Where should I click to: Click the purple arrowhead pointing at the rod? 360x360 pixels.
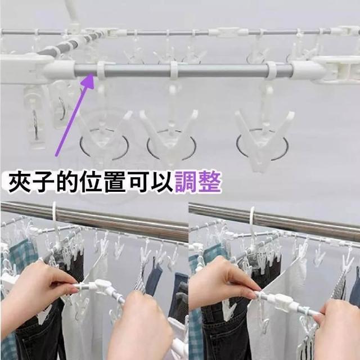[89, 80]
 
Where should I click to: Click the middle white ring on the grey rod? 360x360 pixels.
[174, 70]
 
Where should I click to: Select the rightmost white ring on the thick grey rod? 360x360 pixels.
[271, 70]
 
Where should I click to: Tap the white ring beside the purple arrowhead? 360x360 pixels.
[101, 70]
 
